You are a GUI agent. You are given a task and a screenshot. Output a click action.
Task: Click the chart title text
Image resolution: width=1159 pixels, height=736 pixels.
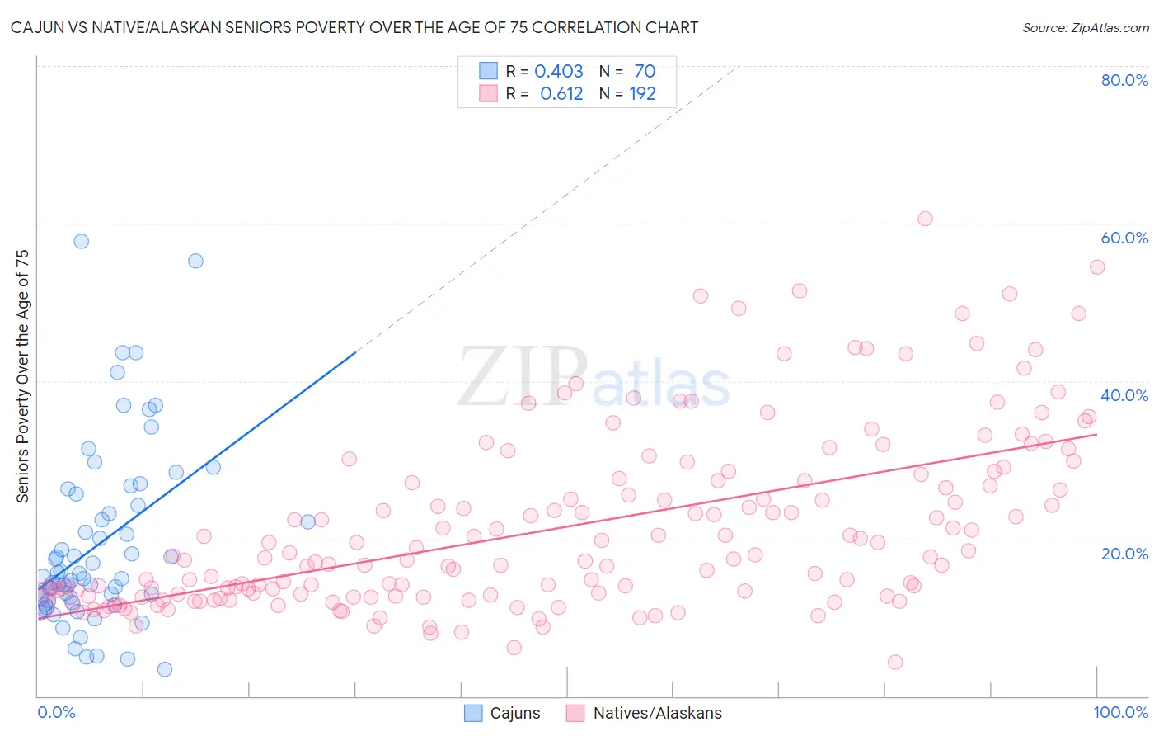pos(354,27)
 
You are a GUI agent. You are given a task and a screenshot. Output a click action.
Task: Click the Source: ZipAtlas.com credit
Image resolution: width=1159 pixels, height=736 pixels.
pos(1085,27)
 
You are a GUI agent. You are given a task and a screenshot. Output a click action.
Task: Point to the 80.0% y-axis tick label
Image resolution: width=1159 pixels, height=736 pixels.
pos(1124,80)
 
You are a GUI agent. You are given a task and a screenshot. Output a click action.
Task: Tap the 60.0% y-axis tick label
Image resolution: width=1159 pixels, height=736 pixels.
pos(1124,238)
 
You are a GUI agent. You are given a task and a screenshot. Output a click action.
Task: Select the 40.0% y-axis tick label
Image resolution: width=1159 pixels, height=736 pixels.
pos(1124,395)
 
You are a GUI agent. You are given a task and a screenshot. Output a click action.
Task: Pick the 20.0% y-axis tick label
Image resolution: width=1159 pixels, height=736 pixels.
pos(1124,554)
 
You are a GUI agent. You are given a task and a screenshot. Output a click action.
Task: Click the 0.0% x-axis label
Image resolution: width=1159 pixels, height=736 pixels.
pos(56,712)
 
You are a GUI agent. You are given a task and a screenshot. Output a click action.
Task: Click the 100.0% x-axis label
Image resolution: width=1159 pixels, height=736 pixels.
pos(1120,712)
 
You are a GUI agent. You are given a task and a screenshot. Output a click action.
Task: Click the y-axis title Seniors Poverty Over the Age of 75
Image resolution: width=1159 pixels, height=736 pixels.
pos(23,376)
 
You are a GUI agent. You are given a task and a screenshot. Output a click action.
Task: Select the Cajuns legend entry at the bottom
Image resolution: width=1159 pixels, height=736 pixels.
pos(502,713)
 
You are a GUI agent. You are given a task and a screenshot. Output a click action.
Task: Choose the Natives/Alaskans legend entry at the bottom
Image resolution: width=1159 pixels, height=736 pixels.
pos(644,713)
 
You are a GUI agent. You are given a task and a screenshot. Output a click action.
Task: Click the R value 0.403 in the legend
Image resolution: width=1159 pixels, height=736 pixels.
pos(558,72)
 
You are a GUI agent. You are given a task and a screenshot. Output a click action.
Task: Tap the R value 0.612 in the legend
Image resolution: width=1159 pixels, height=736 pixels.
pos(561,94)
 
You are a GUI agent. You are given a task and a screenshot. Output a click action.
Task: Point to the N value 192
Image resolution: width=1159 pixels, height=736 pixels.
pos(642,94)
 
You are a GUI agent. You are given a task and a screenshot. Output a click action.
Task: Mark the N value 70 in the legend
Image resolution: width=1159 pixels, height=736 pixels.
pos(645,72)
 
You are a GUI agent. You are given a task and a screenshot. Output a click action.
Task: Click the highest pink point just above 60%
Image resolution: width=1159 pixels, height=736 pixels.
pos(925,219)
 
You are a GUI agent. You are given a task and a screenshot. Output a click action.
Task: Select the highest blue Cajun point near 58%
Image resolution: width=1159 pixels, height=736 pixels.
pos(81,241)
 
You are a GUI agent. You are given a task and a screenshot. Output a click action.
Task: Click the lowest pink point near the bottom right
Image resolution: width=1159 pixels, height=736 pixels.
pos(895,662)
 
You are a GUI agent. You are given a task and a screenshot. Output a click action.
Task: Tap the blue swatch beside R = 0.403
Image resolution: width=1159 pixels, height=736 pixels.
pos(489,71)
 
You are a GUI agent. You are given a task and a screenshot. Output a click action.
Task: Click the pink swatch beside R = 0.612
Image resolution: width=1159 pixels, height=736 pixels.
pos(489,93)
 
